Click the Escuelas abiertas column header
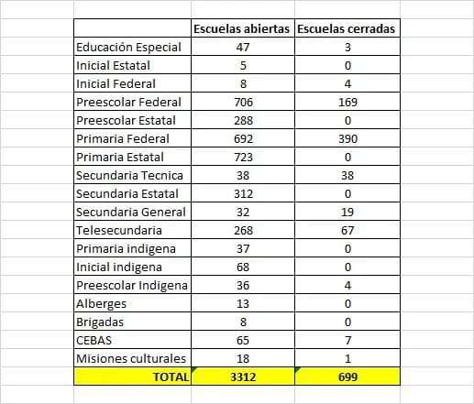click(241, 29)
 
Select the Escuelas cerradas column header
click(346, 29)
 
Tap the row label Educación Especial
click(128, 48)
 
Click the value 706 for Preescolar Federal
click(243, 103)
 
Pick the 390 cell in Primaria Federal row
click(347, 139)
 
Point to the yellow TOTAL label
click(171, 377)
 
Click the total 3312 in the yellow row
click(243, 377)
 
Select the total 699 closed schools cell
click(347, 377)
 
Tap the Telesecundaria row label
click(119, 231)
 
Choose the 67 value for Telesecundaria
click(347, 231)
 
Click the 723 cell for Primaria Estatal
click(243, 158)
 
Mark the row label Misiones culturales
click(131, 359)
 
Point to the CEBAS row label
click(94, 341)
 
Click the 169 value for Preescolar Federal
click(347, 103)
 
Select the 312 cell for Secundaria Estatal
click(243, 194)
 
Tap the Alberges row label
click(101, 304)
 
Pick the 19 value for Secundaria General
click(347, 213)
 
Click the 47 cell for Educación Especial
click(243, 48)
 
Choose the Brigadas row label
click(100, 322)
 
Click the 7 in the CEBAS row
click(347, 341)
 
